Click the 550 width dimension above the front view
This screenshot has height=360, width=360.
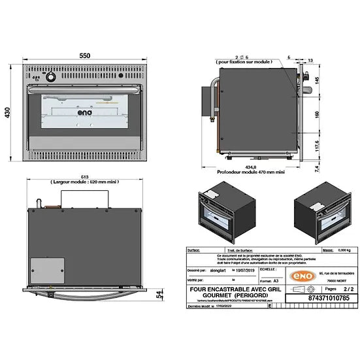[x=84, y=56]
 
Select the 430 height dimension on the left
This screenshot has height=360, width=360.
[x=8, y=113]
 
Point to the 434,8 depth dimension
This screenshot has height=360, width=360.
[x=251, y=167]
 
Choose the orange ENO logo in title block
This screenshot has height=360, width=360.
[x=284, y=271]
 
